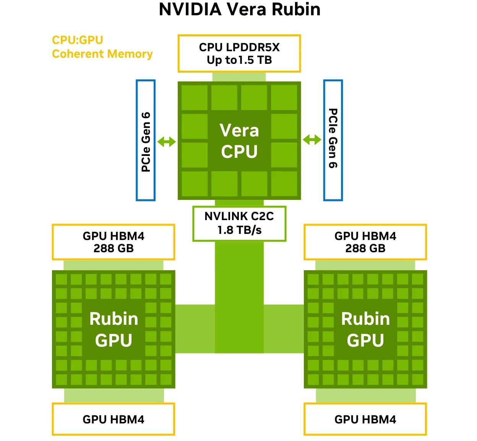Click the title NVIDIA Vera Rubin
[240, 10]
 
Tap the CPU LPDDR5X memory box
[239, 54]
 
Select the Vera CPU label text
[239, 141]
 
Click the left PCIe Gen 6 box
[146, 140]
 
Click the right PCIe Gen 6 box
[333, 140]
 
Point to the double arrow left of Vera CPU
[167, 142]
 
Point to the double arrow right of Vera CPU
[312, 140]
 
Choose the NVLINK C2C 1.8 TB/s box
[239, 224]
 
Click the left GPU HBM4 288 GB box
[114, 242]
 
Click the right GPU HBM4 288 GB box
[365, 242]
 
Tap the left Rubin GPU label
[114, 329]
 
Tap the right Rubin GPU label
[365, 329]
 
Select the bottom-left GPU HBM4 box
[114, 419]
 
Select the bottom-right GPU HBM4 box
[365, 419]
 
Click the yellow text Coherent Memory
[102, 54]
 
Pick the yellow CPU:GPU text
[78, 40]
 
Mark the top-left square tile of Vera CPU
[195, 97]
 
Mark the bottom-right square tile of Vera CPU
[284, 184]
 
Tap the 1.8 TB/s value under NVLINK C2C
[240, 230]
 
